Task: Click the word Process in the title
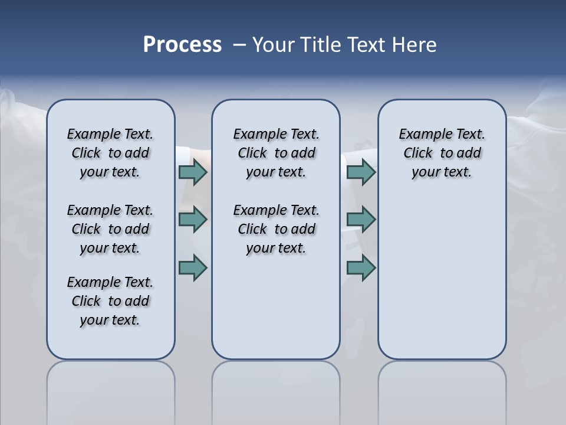(182, 45)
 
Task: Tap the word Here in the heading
(414, 45)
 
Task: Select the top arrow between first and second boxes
(193, 172)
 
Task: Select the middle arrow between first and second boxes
(193, 220)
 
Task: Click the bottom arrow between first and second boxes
(193, 267)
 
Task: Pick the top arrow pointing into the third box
(361, 172)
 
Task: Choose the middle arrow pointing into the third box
(361, 220)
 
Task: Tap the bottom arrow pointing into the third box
(361, 267)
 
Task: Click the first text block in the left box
(110, 153)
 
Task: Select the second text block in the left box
(110, 229)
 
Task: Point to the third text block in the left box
(110, 301)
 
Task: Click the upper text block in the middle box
(276, 153)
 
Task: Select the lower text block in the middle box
(276, 229)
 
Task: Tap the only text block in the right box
(442, 153)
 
